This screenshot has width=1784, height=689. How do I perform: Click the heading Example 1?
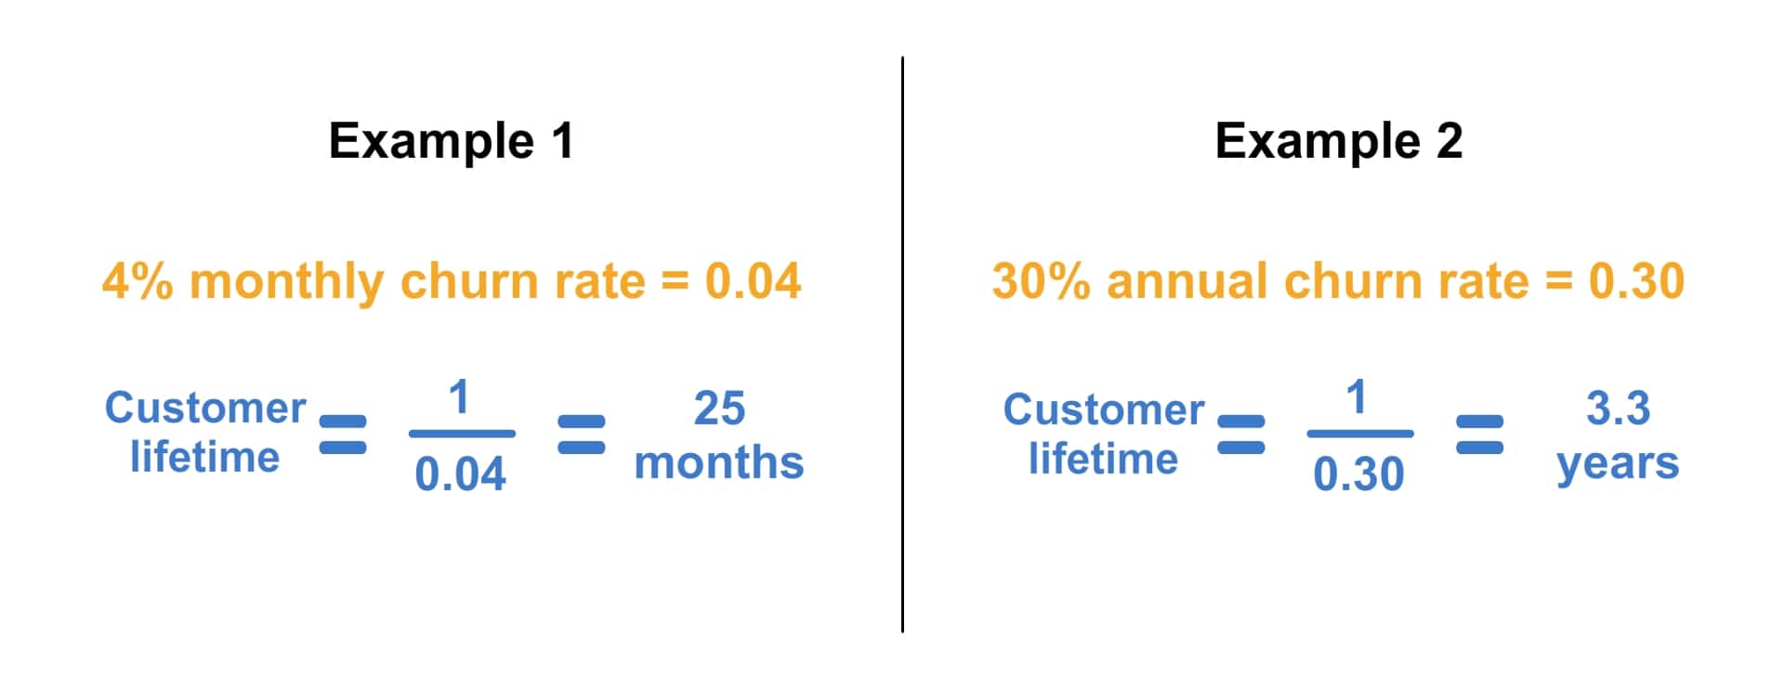[x=452, y=141]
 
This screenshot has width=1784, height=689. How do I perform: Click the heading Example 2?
[x=1338, y=141]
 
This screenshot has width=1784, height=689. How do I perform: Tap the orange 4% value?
[x=138, y=280]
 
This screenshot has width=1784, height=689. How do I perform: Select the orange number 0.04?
[x=753, y=280]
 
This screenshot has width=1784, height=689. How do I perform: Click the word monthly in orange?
[x=286, y=282]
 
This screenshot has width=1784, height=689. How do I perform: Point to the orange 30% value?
[x=1041, y=280]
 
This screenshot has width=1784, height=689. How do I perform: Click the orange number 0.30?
[x=1636, y=280]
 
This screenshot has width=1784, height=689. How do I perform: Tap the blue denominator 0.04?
[x=460, y=474]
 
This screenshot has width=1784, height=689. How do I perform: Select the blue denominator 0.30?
[x=1358, y=474]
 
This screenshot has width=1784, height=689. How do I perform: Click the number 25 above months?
[x=719, y=408]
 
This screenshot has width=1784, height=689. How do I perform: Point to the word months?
[x=719, y=462]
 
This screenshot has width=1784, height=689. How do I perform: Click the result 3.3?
[x=1618, y=408]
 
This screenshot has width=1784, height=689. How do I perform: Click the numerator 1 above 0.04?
[x=459, y=397]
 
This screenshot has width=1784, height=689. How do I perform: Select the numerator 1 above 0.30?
[x=1357, y=397]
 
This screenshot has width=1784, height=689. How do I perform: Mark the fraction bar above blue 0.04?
[x=462, y=434]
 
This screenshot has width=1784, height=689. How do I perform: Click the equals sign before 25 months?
[x=582, y=435]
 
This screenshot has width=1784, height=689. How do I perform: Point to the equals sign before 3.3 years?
[x=1479, y=435]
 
